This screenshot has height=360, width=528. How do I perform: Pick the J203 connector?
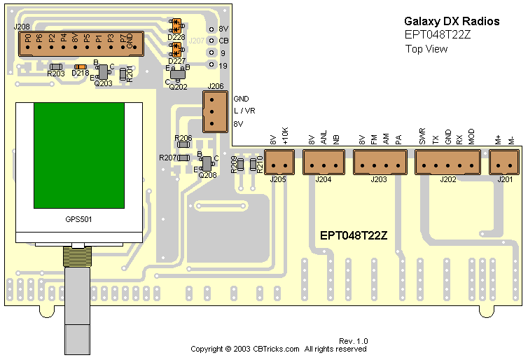(379, 163)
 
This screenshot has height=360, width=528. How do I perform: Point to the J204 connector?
(323, 163)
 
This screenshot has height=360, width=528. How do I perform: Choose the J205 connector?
(279, 163)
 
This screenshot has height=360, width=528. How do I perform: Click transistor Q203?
(103, 72)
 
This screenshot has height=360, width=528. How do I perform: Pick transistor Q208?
(207, 162)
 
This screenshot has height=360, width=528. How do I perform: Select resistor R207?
(183, 158)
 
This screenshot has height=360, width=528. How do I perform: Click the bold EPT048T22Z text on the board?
(354, 236)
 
